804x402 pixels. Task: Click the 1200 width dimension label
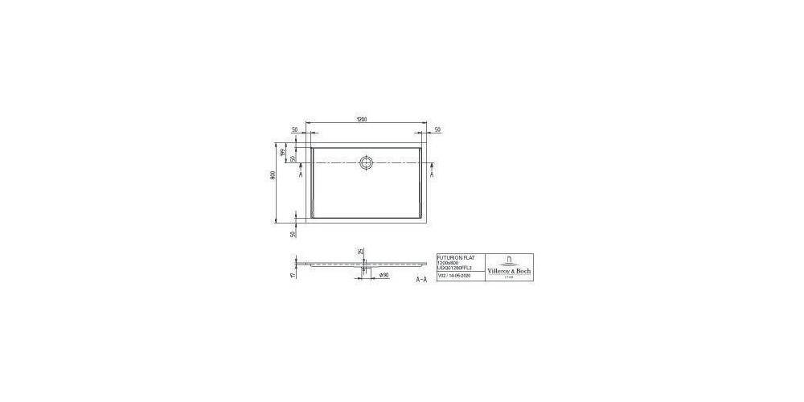(x=362, y=120)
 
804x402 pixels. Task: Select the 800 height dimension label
(x=274, y=176)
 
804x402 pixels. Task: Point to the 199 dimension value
(x=283, y=152)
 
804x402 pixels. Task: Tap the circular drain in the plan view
(x=367, y=162)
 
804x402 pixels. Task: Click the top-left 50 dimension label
(x=294, y=129)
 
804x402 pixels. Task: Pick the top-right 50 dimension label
(x=437, y=129)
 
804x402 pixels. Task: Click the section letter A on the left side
(x=300, y=174)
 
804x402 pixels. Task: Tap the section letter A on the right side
(x=433, y=174)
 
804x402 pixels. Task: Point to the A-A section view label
(x=420, y=280)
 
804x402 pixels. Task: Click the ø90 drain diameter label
(x=384, y=275)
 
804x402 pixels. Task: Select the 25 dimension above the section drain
(x=359, y=252)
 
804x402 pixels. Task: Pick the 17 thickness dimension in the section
(x=293, y=273)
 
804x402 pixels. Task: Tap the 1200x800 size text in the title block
(x=448, y=262)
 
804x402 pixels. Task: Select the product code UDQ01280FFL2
(x=456, y=268)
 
